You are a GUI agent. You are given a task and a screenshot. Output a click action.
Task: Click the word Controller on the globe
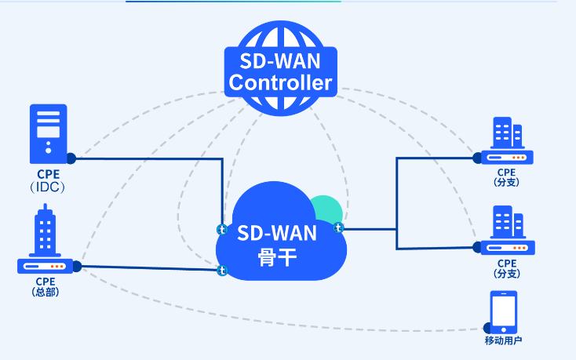pos(280,82)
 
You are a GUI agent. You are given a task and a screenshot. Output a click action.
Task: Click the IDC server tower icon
pos(48,131)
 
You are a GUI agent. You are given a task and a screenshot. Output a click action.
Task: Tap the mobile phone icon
pos(503,312)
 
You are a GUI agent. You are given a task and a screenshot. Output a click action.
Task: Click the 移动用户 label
pos(503,340)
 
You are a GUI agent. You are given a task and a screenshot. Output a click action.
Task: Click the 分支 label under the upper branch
pos(507,182)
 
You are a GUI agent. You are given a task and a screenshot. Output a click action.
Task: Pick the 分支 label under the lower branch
pos(507,273)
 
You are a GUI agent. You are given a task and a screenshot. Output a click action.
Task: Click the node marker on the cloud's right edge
pos(339,228)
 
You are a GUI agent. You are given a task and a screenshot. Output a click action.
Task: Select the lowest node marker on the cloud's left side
pos(222,271)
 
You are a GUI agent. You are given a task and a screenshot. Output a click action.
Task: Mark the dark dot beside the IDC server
pos(71,158)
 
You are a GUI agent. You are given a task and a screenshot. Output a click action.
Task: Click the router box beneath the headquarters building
pos(46,266)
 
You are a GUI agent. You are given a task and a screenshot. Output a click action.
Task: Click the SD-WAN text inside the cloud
pos(277,233)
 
